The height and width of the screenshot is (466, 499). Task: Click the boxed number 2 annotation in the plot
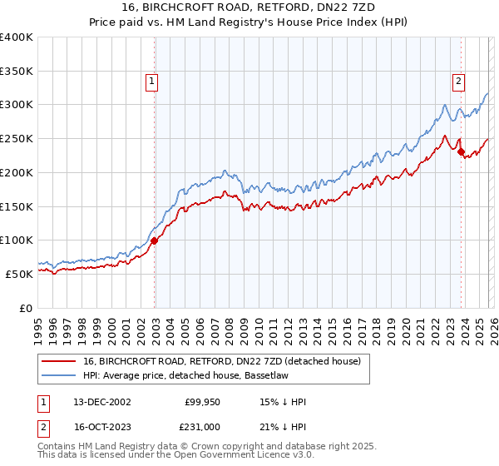click(x=458, y=82)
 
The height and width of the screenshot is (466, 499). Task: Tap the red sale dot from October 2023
click(x=460, y=151)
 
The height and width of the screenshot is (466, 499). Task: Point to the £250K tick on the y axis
click(x=17, y=138)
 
